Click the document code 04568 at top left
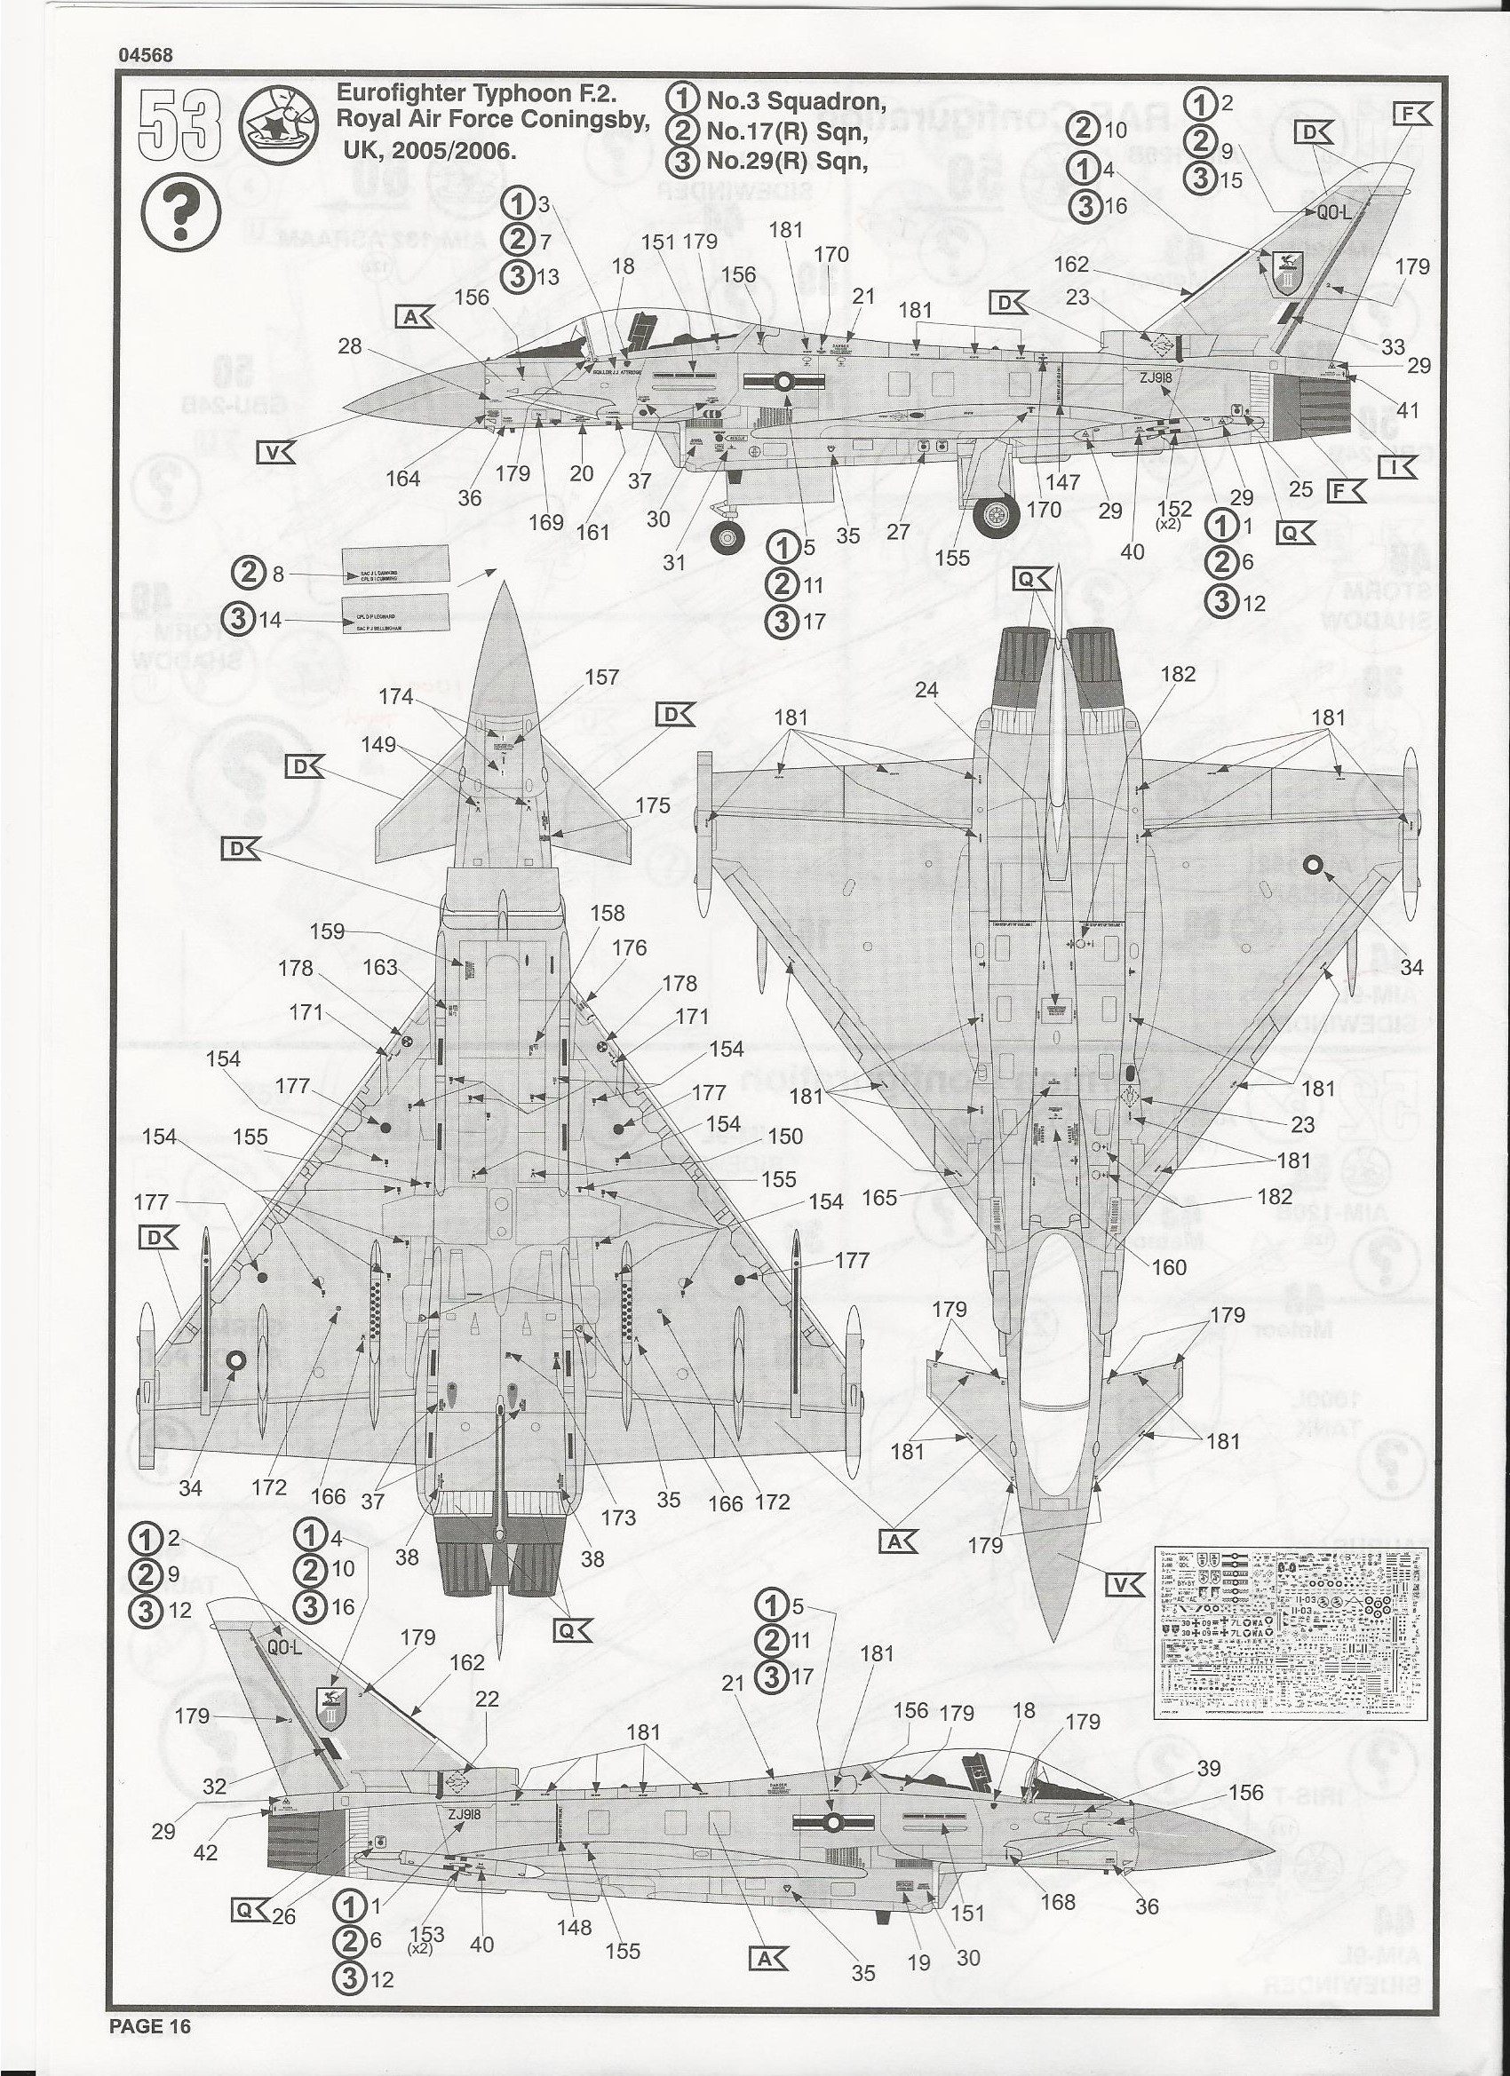click(x=145, y=54)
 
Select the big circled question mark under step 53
click(x=180, y=213)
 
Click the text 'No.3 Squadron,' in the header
click(x=794, y=100)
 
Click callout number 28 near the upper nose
click(x=350, y=347)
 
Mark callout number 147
click(x=1063, y=481)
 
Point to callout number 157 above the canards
click(x=600, y=677)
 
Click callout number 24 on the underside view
click(x=926, y=688)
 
